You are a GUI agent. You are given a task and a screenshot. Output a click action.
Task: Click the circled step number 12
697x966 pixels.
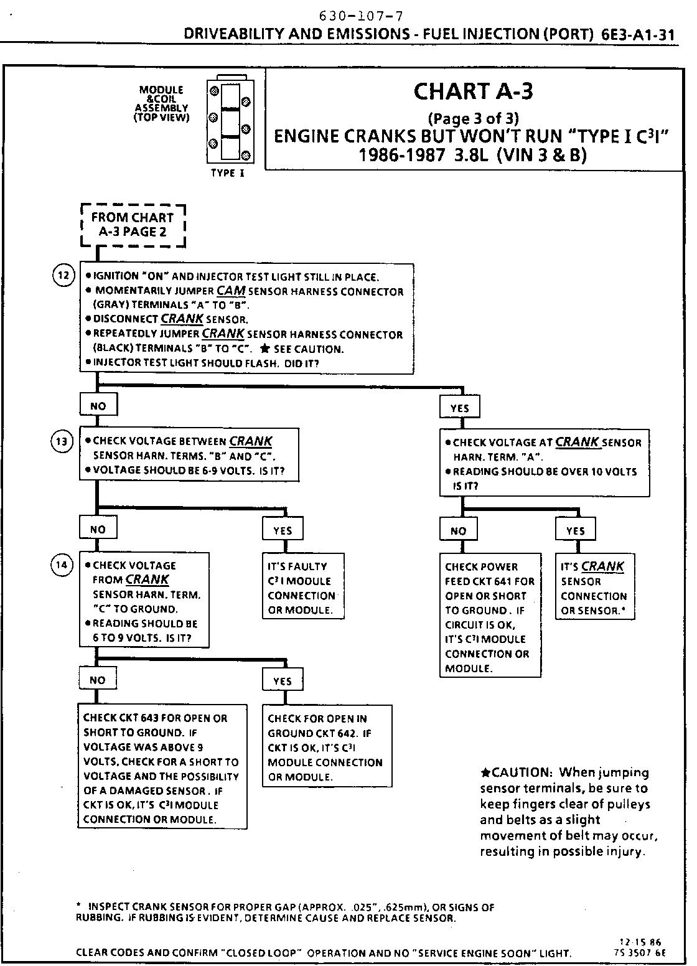[x=63, y=275]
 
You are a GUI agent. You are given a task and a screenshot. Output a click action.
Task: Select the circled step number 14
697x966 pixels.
[x=63, y=565]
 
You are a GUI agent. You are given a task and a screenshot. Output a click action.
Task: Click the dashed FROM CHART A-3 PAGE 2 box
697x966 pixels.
[x=133, y=225]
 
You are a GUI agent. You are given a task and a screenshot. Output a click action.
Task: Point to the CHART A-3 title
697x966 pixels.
[x=473, y=91]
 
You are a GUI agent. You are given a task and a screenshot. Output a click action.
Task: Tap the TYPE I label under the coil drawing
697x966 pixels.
[x=227, y=174]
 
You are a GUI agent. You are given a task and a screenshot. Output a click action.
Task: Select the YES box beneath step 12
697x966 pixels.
[x=459, y=408]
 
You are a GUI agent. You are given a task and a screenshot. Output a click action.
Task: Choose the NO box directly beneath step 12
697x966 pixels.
[x=98, y=406]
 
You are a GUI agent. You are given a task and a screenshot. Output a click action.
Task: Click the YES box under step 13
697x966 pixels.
[x=283, y=530]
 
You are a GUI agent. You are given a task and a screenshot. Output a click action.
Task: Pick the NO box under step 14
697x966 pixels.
[x=98, y=680]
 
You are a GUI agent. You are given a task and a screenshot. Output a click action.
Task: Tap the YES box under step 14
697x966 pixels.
[x=283, y=681]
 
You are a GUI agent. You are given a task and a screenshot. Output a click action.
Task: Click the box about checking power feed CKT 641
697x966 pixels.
[x=490, y=617]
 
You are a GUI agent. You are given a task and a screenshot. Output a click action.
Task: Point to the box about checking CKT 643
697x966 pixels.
[x=162, y=768]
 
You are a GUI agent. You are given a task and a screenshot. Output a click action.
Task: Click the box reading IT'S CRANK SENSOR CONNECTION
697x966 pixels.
[x=594, y=588]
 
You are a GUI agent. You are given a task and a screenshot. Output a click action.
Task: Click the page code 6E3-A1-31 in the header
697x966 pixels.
[x=638, y=34]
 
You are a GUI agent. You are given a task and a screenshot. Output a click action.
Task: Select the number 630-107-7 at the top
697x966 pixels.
[x=357, y=16]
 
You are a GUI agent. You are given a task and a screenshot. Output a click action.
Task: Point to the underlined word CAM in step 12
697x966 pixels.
[x=231, y=291]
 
